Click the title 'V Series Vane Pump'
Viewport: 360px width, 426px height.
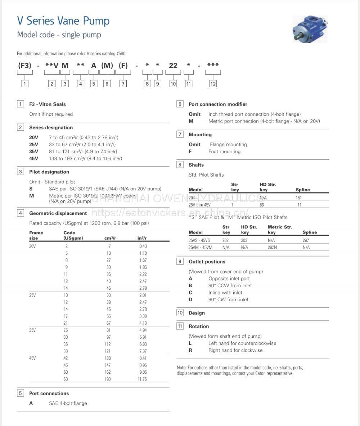click(x=63, y=21)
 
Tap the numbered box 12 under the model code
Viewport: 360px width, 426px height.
click(x=213, y=84)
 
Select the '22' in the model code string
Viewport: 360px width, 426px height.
click(x=173, y=65)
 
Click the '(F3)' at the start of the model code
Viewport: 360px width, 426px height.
click(x=25, y=65)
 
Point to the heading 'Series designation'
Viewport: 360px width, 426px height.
click(x=51, y=128)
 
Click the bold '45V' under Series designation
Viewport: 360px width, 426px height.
click(x=33, y=159)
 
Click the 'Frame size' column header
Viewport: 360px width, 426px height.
click(x=36, y=235)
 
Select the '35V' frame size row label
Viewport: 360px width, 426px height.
click(x=32, y=330)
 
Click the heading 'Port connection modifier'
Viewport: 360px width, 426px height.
click(x=218, y=104)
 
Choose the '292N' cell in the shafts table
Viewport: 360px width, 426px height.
click(x=272, y=247)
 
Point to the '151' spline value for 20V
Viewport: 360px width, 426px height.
click(x=299, y=198)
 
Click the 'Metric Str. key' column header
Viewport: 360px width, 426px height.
click(x=280, y=230)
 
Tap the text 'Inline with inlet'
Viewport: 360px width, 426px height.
click(x=225, y=292)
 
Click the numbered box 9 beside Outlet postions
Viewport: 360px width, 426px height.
click(x=180, y=262)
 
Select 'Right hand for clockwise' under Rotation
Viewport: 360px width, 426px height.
click(x=235, y=350)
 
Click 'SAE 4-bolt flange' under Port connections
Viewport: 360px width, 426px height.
click(x=68, y=403)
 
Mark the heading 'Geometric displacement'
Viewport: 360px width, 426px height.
click(x=58, y=213)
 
